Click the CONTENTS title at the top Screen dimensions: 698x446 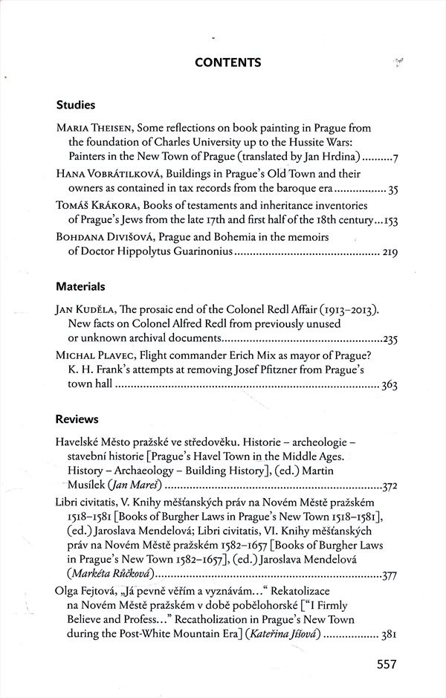(227, 63)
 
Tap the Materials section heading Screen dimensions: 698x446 (80, 286)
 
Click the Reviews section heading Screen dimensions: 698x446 (77, 419)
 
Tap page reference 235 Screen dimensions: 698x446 (390, 340)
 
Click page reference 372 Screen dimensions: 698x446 (390, 488)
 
